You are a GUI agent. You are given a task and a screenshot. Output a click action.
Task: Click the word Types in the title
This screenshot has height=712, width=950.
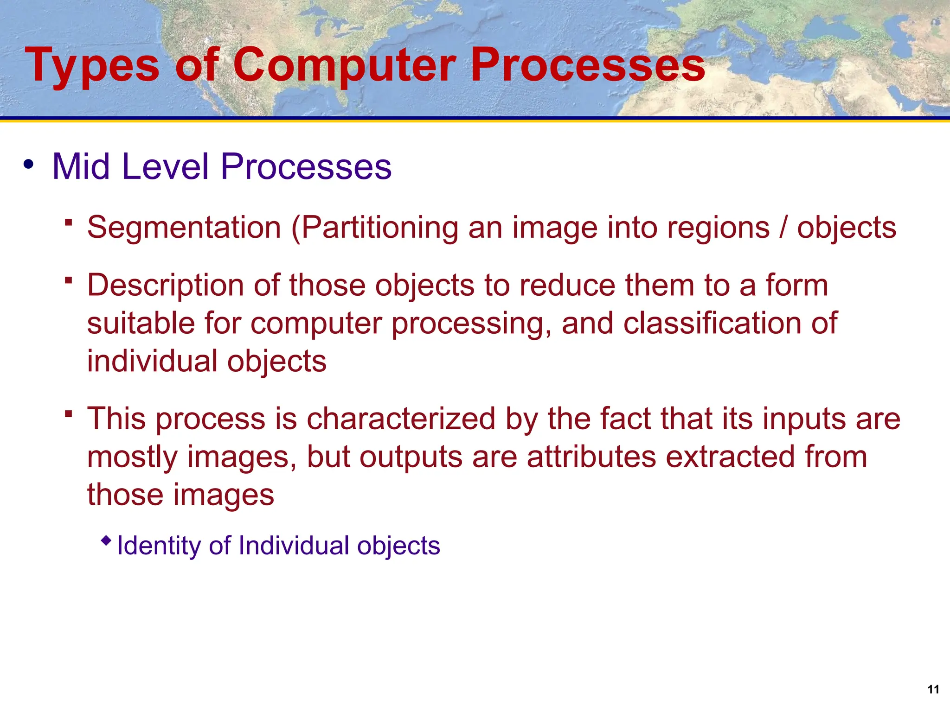[92, 66]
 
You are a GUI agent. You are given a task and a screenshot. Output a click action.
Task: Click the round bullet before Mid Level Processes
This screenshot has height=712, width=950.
[29, 164]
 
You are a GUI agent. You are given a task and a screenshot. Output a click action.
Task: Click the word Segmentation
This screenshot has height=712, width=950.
[184, 228]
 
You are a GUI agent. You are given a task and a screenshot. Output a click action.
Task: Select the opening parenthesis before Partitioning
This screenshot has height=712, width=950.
[296, 229]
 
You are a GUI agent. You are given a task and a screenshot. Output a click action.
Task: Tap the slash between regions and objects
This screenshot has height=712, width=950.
[783, 228]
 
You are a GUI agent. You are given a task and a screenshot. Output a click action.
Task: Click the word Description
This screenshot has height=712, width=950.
[165, 285]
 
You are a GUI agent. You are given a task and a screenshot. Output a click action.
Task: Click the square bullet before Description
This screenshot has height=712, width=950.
[69, 280]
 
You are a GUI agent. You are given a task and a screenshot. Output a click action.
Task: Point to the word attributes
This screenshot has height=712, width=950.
[591, 457]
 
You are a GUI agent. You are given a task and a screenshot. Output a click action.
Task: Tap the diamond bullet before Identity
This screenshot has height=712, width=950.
[106, 540]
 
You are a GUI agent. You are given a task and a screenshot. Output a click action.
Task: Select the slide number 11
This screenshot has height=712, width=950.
[933, 689]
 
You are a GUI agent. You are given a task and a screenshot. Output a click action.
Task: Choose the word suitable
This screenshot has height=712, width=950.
[141, 323]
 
